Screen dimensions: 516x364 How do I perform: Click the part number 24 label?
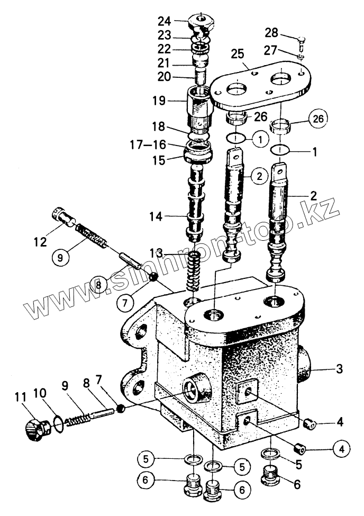[165, 22]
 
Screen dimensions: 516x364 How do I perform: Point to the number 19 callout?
[159, 100]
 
